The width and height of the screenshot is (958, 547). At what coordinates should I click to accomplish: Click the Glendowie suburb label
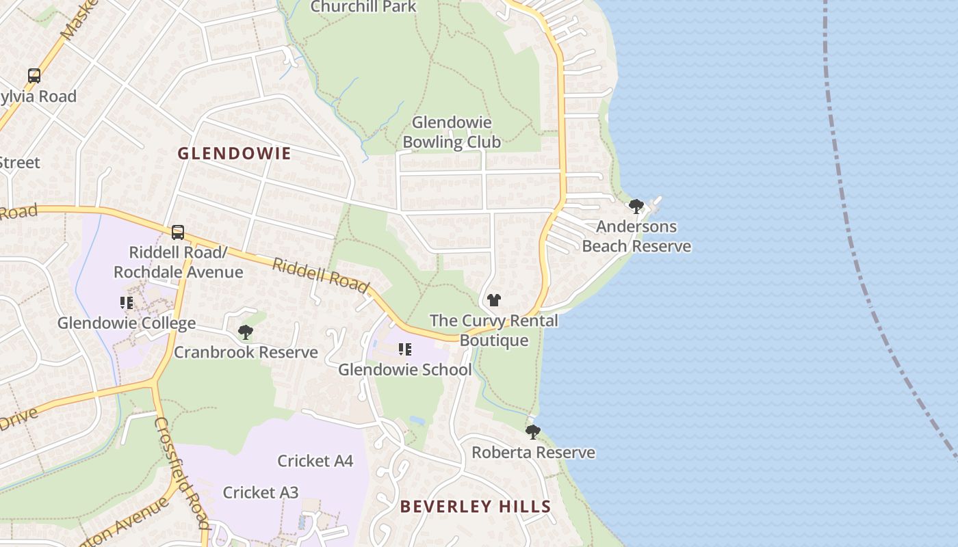click(x=234, y=153)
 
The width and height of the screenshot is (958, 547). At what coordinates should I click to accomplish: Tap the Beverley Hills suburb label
click(x=476, y=507)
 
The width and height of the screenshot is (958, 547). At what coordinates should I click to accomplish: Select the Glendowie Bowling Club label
click(x=452, y=132)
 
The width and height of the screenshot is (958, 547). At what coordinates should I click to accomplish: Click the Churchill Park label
click(x=363, y=7)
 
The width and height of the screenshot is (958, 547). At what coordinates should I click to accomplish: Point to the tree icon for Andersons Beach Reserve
click(x=636, y=206)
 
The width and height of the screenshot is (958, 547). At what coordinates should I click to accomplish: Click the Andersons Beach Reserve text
click(x=636, y=237)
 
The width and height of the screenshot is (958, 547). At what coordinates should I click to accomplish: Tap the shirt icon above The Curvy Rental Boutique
click(x=493, y=300)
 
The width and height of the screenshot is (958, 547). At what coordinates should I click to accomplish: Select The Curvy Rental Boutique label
click(x=494, y=330)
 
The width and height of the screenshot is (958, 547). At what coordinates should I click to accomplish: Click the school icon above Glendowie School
click(x=405, y=349)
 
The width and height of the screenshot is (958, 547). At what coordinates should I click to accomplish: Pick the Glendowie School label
click(x=405, y=370)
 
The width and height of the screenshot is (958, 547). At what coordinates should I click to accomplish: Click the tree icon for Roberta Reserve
click(x=532, y=432)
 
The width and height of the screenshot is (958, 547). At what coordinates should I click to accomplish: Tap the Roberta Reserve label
click(x=533, y=453)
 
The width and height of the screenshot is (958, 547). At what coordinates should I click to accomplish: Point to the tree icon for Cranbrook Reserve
click(x=245, y=332)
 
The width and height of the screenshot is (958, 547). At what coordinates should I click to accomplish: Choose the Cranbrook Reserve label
click(x=246, y=353)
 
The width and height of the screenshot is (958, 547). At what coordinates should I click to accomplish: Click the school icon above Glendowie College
click(x=127, y=302)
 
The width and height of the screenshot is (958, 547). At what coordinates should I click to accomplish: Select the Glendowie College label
click(x=127, y=323)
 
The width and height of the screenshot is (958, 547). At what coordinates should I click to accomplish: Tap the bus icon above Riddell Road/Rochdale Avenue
click(x=178, y=232)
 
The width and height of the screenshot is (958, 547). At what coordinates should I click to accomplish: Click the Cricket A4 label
click(x=315, y=461)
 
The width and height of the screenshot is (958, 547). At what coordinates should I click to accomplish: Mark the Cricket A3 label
click(x=261, y=492)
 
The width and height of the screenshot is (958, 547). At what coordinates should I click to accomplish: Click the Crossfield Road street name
click(x=181, y=472)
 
